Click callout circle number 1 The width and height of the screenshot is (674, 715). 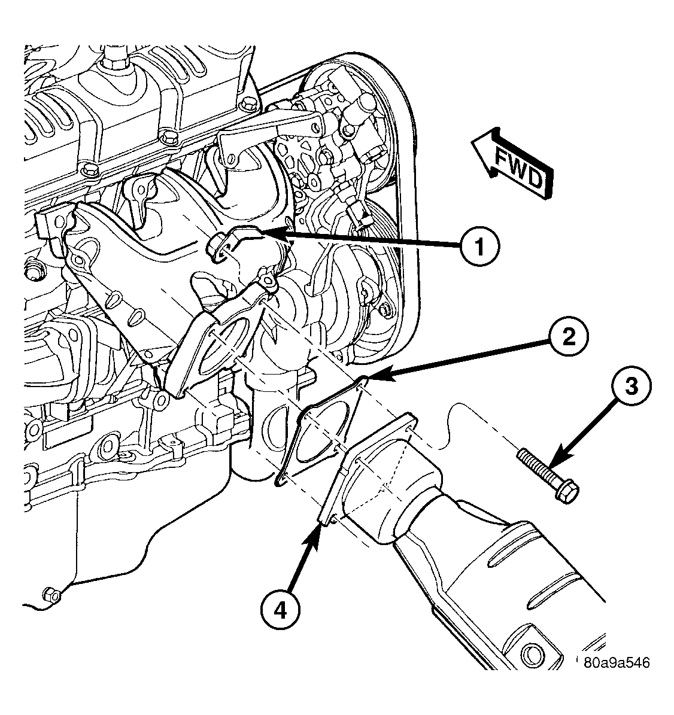pyautogui.click(x=479, y=247)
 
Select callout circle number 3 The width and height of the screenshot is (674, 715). pyautogui.click(x=631, y=386)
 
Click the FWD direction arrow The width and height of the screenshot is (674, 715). pyautogui.click(x=512, y=163)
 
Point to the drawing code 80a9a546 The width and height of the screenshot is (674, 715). pyautogui.click(x=617, y=662)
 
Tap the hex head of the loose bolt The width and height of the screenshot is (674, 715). pyautogui.click(x=568, y=492)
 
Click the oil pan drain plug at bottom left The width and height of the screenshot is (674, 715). pyautogui.click(x=51, y=595)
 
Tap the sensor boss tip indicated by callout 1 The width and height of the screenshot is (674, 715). pyautogui.click(x=214, y=247)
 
